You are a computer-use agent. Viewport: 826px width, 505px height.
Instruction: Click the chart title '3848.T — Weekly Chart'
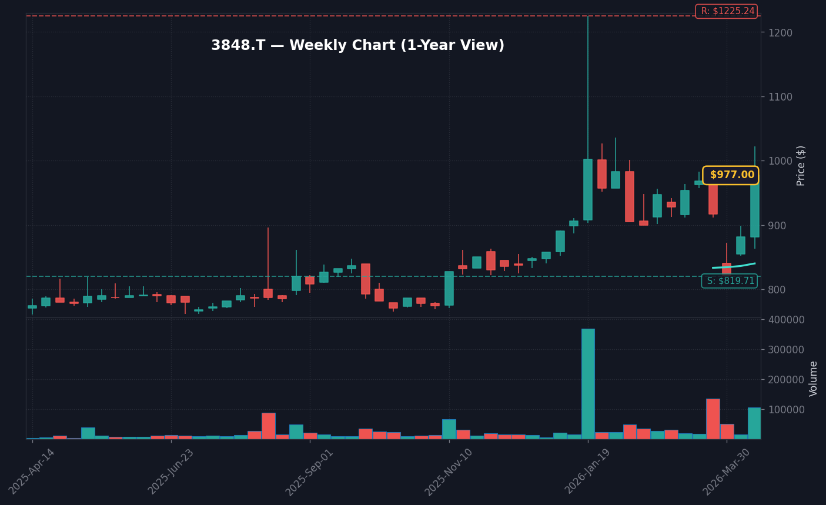tap(357, 46)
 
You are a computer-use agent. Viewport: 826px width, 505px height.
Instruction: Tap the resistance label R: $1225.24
tap(727, 11)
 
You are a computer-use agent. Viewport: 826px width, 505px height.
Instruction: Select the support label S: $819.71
tap(730, 281)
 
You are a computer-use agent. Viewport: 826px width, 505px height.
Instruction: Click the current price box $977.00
tap(731, 175)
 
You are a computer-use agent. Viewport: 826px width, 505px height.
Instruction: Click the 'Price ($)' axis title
tap(801, 166)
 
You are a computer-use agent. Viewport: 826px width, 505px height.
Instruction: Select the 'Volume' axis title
tap(814, 379)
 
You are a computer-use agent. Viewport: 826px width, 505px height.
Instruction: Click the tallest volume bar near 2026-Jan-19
tap(588, 384)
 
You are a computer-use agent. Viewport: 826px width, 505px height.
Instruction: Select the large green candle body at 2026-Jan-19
tap(588, 189)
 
